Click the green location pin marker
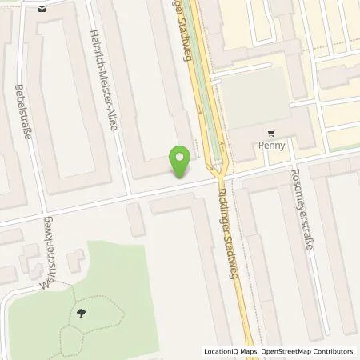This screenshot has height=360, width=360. pos(182,159)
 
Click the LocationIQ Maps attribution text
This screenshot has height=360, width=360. pos(233,351)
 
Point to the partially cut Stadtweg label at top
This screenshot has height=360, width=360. pos(179,16)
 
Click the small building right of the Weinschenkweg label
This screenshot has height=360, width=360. pos(77,258)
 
